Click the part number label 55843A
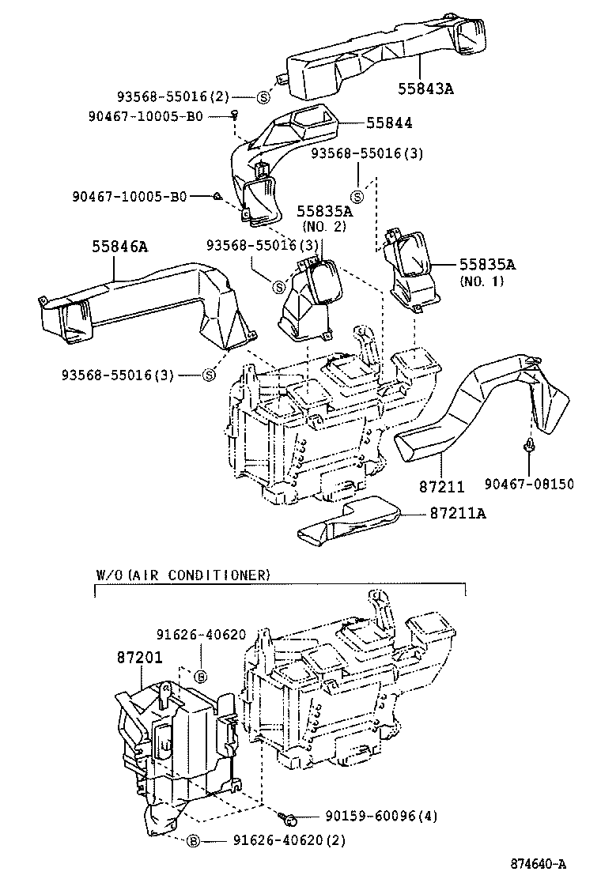click(425, 89)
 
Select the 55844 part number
click(389, 123)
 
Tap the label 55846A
click(121, 247)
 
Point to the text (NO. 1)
click(482, 281)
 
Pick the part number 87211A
click(458, 514)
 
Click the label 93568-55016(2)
click(173, 96)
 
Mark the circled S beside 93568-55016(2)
click(263, 97)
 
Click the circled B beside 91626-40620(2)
click(193, 841)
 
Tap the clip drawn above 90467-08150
click(528, 449)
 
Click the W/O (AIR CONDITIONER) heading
click(183, 574)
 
